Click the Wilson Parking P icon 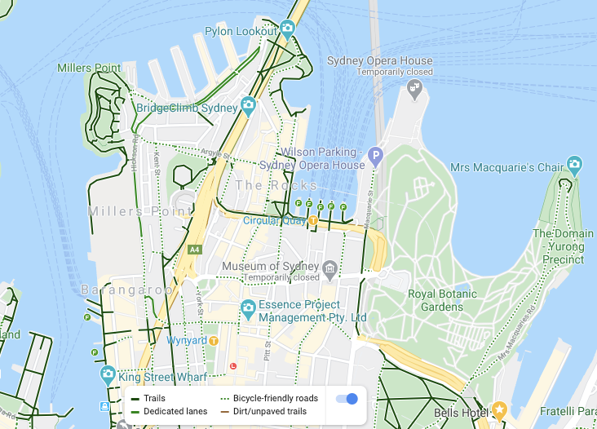[x=374, y=155]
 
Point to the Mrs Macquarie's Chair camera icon [x=575, y=166]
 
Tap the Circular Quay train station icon [x=313, y=219]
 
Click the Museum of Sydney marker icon [x=329, y=268]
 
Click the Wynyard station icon [x=214, y=340]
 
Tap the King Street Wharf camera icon [x=108, y=376]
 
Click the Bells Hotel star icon [x=499, y=408]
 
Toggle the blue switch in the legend [x=347, y=398]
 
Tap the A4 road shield [x=194, y=249]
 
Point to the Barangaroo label [x=126, y=290]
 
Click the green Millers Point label [x=89, y=68]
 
